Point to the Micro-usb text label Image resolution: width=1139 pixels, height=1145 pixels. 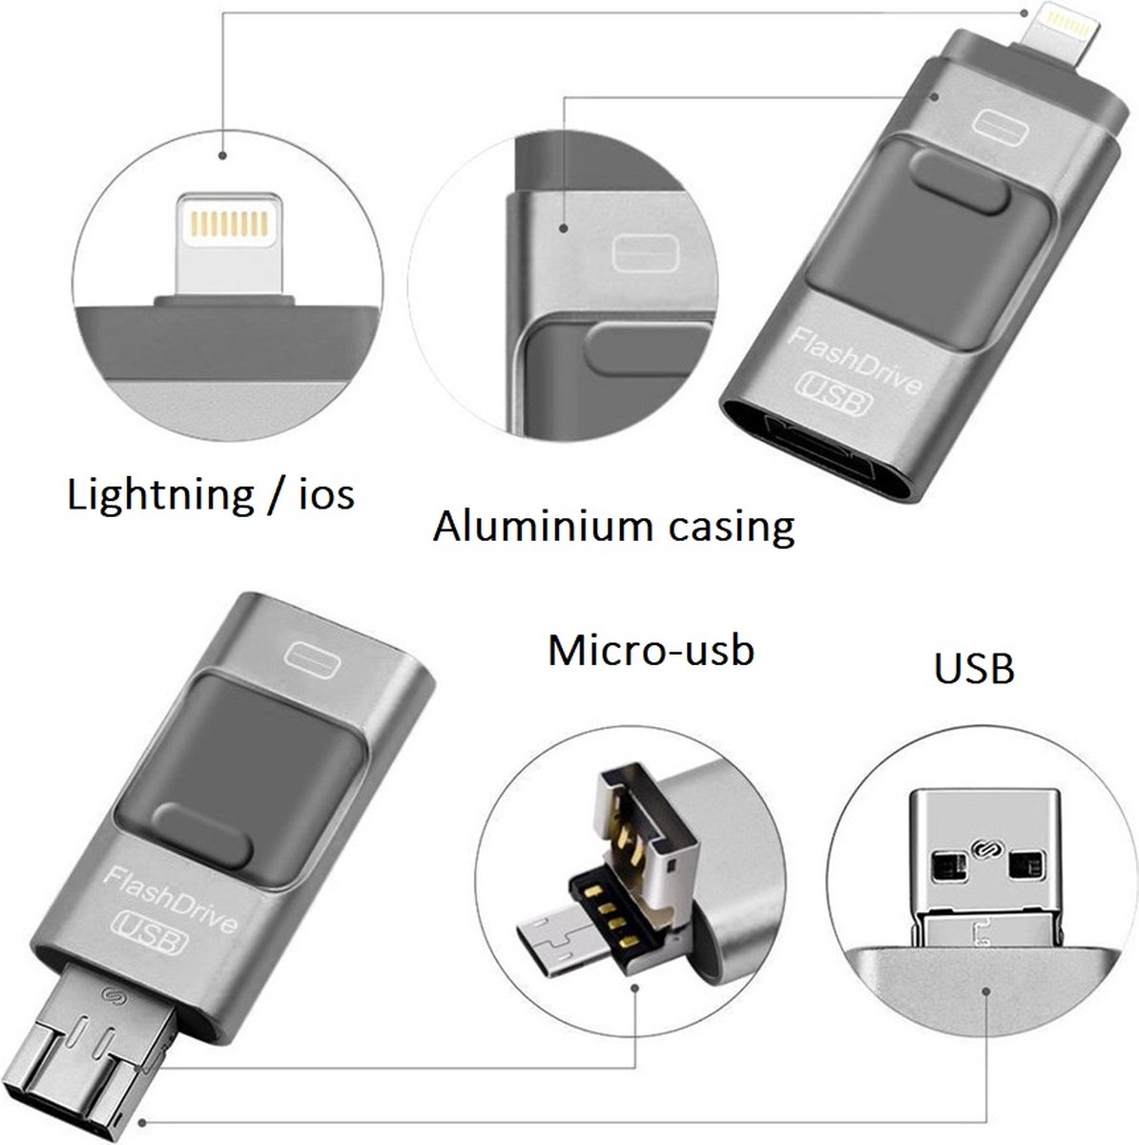(651, 650)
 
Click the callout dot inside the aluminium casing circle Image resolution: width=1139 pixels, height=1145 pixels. (565, 230)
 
